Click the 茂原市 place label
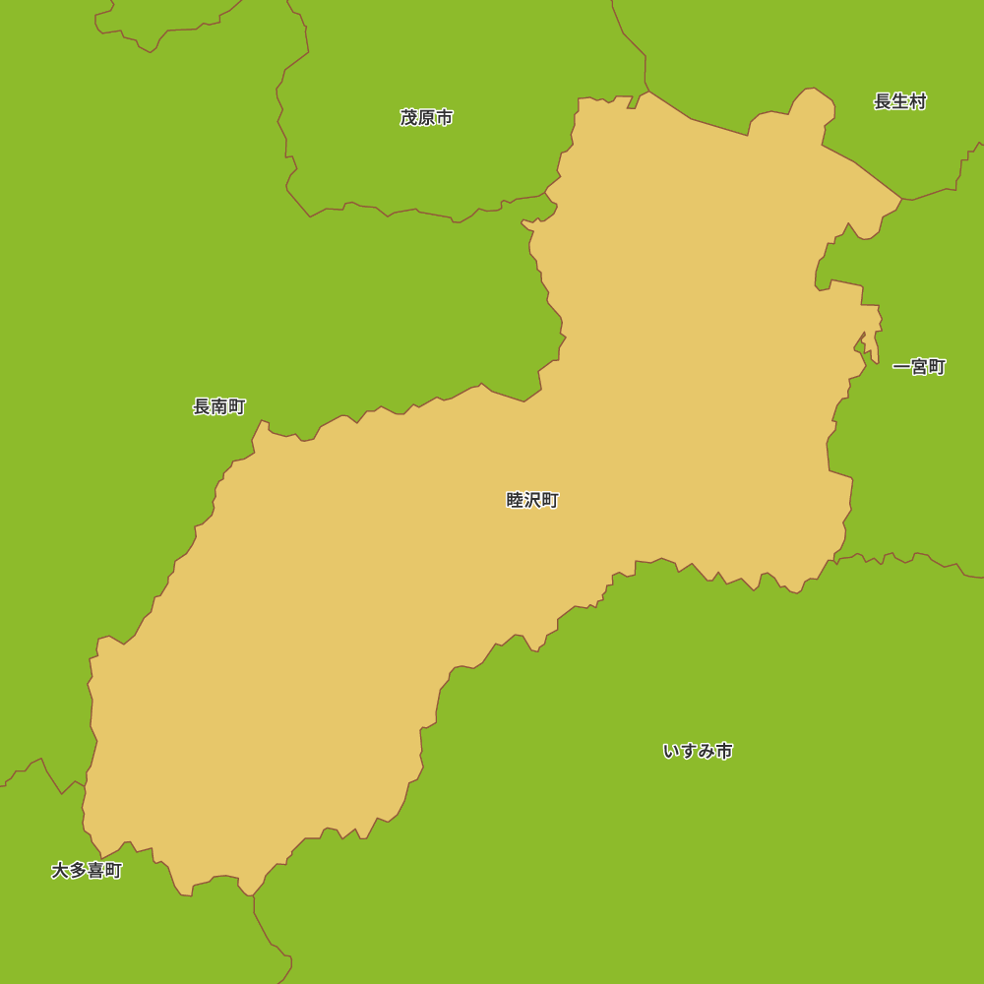[x=426, y=118]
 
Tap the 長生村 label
[x=899, y=101]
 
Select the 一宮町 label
[x=918, y=367]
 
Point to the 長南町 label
[x=218, y=406]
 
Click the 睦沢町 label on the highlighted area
[x=532, y=500]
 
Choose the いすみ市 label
[x=698, y=751]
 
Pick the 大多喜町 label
[x=87, y=871]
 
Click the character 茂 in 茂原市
[x=409, y=118]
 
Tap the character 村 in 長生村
[x=917, y=101]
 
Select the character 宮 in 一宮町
[x=919, y=367]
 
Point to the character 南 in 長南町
[x=218, y=406]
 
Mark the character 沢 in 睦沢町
[x=532, y=500]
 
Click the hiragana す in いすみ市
[x=689, y=751]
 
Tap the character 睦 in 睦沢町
[x=515, y=500]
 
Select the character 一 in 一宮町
[x=901, y=367]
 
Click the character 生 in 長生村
[x=899, y=101]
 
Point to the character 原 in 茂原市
[x=426, y=118]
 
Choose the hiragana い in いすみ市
[x=671, y=751]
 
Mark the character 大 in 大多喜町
[x=60, y=871]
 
